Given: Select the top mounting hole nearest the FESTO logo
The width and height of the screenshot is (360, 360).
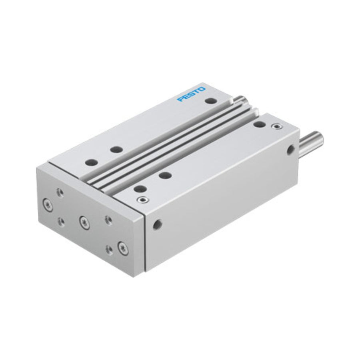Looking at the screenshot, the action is click(x=211, y=100).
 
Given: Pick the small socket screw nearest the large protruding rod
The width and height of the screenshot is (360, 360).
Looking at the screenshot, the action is click(x=276, y=126).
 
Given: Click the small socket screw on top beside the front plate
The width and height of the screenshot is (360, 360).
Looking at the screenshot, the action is click(x=142, y=200).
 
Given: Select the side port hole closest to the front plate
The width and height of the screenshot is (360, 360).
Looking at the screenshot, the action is click(x=158, y=224).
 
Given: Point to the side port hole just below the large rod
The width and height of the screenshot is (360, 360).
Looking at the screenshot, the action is click(x=290, y=150).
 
